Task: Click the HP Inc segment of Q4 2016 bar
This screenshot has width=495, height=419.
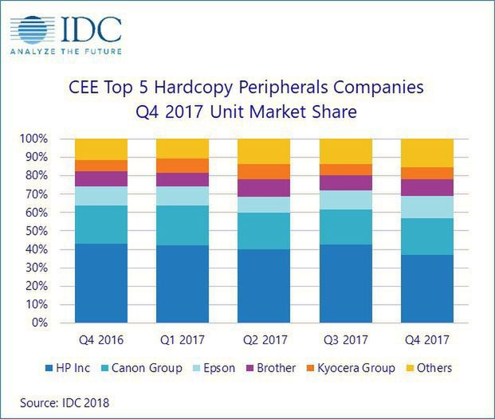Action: pos(101,284)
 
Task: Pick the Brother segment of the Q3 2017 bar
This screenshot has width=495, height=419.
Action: pos(345,182)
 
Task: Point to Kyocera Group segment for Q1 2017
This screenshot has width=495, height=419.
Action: pos(183,166)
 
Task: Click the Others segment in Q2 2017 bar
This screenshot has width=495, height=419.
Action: pos(264,151)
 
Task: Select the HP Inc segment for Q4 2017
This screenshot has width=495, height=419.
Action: pos(426,289)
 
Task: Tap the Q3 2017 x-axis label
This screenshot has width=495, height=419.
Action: pos(345,340)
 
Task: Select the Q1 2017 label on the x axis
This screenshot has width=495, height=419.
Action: pos(183,340)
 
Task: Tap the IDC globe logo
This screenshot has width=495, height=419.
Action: pos(29,29)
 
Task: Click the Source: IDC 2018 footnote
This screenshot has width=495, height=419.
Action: pos(65,403)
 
